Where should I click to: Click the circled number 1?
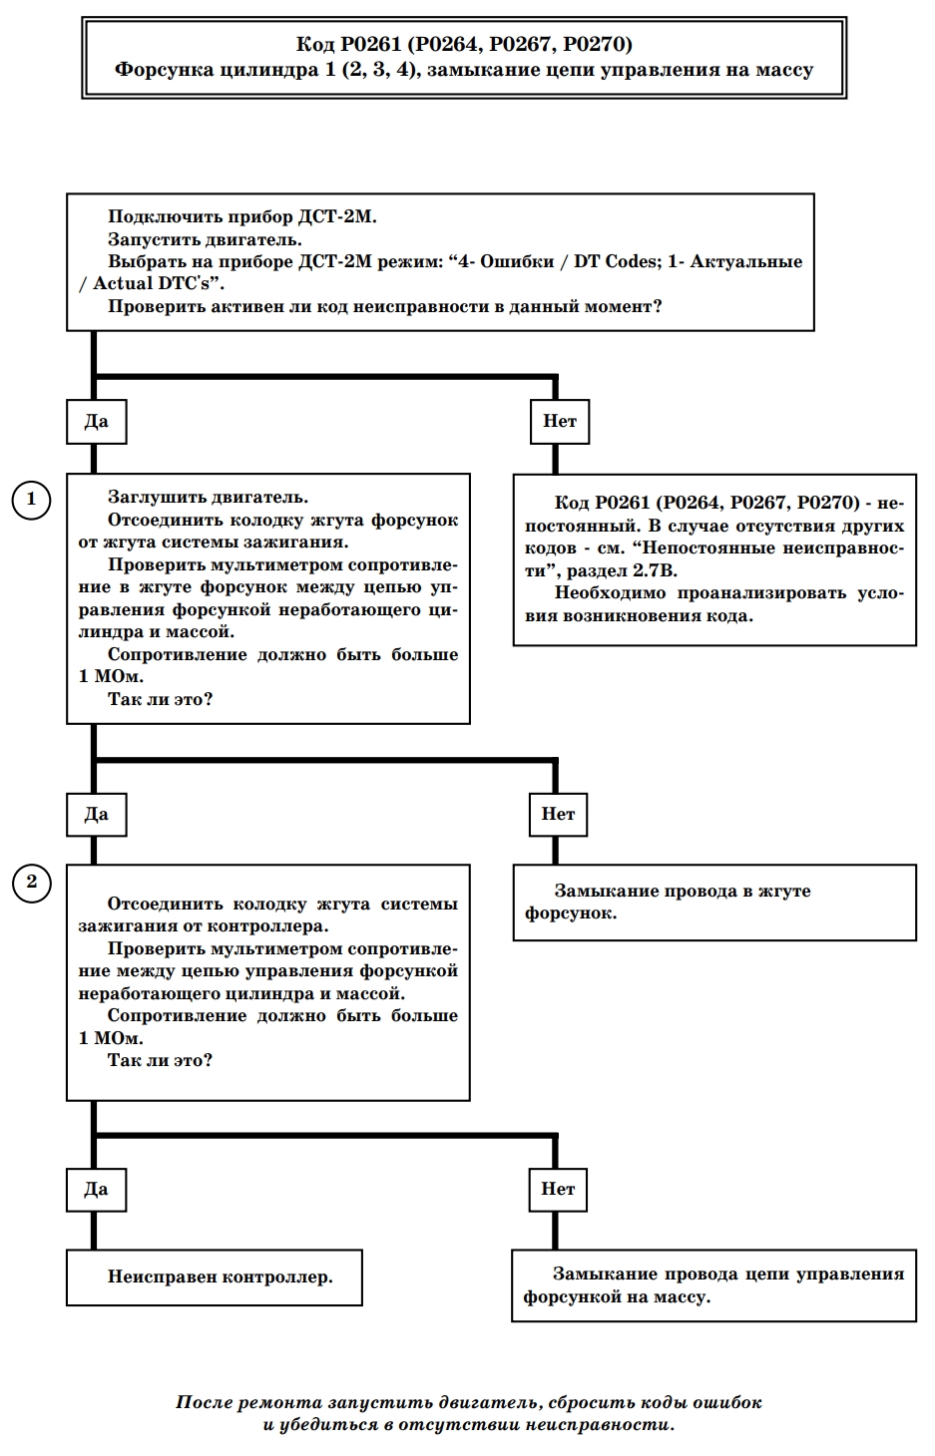click(31, 500)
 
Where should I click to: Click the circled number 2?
click(31, 884)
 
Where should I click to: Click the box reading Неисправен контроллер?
click(215, 1277)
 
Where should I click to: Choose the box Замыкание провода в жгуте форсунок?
click(714, 903)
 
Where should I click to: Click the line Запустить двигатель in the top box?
click(205, 239)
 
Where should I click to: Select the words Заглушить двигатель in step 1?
click(209, 498)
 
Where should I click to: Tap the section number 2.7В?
click(655, 571)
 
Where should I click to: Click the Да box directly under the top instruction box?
click(96, 422)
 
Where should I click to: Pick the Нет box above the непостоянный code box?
click(560, 422)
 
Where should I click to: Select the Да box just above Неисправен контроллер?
click(96, 1190)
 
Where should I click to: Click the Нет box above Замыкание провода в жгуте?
click(559, 815)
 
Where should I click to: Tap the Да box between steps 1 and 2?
click(96, 815)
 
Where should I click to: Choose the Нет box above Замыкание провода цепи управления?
click(559, 1190)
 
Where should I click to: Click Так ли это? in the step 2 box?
click(160, 1061)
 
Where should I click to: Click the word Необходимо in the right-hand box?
click(610, 593)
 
